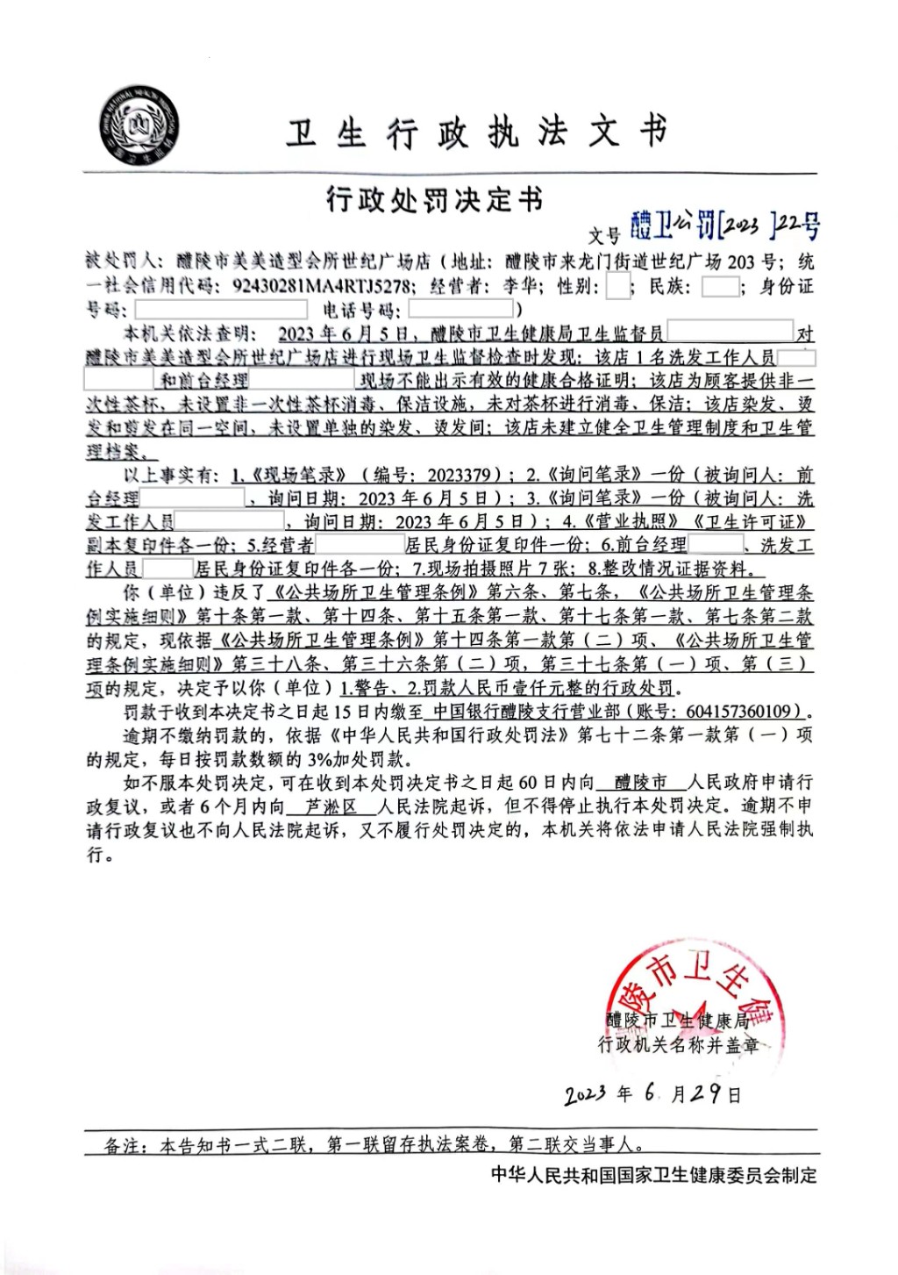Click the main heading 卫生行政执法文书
(x=477, y=133)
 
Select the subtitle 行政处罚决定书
(x=434, y=200)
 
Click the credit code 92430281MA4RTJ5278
(x=322, y=286)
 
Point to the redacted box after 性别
(x=618, y=286)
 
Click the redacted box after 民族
(x=720, y=286)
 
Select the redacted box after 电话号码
(x=461, y=309)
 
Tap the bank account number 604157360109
(x=744, y=711)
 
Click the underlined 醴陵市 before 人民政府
(x=640, y=782)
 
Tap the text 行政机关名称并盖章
(x=679, y=1044)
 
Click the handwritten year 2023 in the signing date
(x=585, y=1094)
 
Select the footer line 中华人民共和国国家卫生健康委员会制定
(x=653, y=1175)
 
